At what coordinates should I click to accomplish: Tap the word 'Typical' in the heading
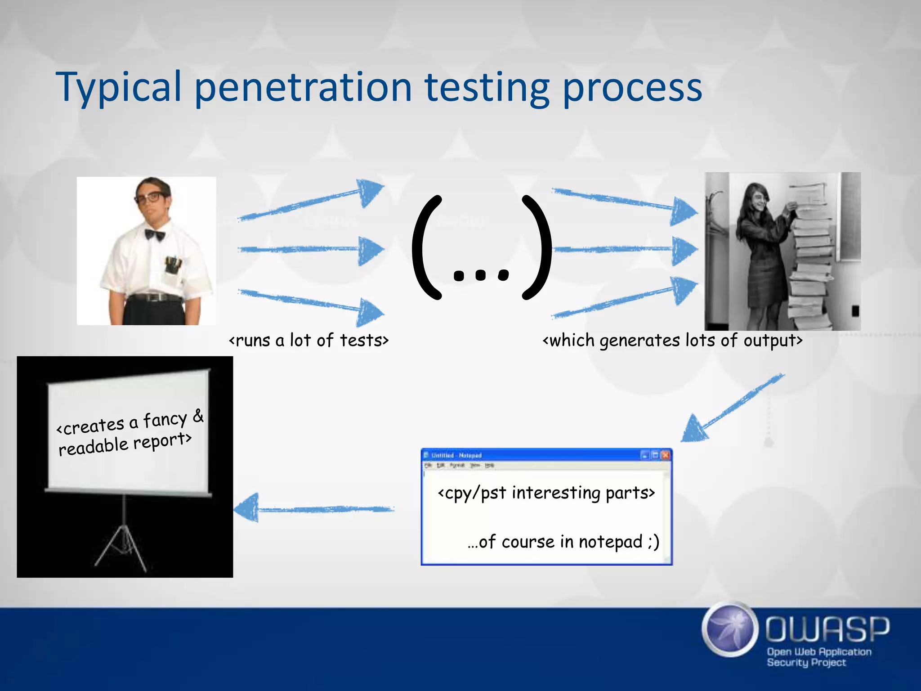click(x=118, y=88)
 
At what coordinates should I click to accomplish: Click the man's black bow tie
click(x=155, y=234)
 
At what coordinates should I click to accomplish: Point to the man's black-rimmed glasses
click(x=151, y=197)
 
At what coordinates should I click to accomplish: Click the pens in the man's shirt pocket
click(x=173, y=263)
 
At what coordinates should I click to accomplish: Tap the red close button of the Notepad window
click(x=666, y=455)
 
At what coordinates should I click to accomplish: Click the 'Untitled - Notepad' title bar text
click(x=456, y=455)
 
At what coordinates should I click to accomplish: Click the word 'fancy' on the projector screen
click(x=165, y=420)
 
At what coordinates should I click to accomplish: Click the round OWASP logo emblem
click(x=729, y=629)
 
